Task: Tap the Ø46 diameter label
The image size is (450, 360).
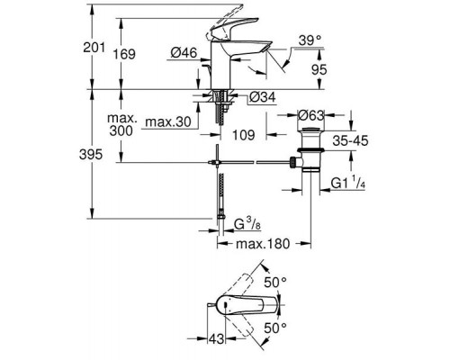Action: tap(182, 56)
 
